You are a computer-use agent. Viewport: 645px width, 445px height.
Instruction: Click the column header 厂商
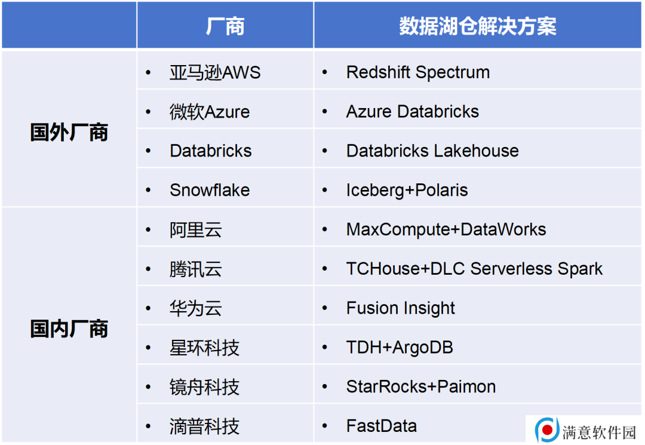[x=225, y=26]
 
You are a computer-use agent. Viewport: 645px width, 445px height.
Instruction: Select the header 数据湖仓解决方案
[x=478, y=26]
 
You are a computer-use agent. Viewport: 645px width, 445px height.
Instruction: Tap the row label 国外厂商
[x=69, y=133]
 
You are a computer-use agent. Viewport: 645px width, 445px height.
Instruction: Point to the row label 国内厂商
[x=69, y=329]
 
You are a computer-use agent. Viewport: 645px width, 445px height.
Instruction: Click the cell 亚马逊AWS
[x=215, y=72]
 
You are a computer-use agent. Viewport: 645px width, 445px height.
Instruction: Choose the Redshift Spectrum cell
[x=418, y=72]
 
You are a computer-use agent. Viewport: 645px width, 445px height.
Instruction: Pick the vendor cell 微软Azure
[x=210, y=112]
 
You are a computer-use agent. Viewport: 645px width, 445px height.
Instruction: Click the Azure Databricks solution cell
[x=413, y=112]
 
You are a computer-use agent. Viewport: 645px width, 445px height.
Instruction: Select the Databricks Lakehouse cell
[x=432, y=151]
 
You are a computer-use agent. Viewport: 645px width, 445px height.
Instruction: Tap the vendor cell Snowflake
[x=210, y=190]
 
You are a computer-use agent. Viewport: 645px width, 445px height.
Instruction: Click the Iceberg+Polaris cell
[x=407, y=190]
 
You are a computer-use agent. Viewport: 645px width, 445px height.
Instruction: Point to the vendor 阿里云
[x=196, y=229]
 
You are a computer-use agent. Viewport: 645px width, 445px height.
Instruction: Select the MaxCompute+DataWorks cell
[x=446, y=229]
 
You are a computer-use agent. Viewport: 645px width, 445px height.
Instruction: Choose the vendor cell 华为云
[x=196, y=308]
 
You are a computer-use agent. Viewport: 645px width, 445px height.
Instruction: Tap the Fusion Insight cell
[x=401, y=308]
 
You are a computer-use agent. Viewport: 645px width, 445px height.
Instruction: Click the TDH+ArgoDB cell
[x=400, y=348]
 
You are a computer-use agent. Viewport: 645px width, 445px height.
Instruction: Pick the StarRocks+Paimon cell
[x=421, y=386]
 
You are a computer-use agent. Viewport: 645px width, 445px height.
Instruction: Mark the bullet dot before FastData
[x=324, y=426]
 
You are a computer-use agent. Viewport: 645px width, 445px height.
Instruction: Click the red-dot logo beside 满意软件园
[x=547, y=430]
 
